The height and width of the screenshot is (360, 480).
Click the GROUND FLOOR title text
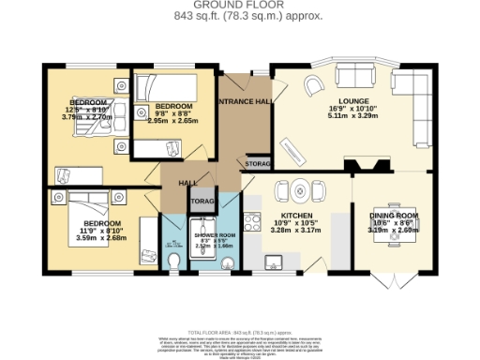point(239,6)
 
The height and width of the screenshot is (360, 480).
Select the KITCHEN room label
point(296,213)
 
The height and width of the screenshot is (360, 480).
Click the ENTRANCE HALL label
point(244,100)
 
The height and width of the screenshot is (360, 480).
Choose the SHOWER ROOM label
point(211,235)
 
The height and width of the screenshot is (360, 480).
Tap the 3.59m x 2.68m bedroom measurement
point(100,238)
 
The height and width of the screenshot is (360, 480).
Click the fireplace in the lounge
point(367,166)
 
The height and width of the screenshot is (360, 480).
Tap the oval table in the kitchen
point(299,187)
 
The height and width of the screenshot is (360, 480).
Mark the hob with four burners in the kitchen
point(251,222)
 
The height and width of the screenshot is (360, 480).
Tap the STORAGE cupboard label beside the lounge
point(258,164)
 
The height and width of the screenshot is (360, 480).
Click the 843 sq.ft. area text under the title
point(239,17)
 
